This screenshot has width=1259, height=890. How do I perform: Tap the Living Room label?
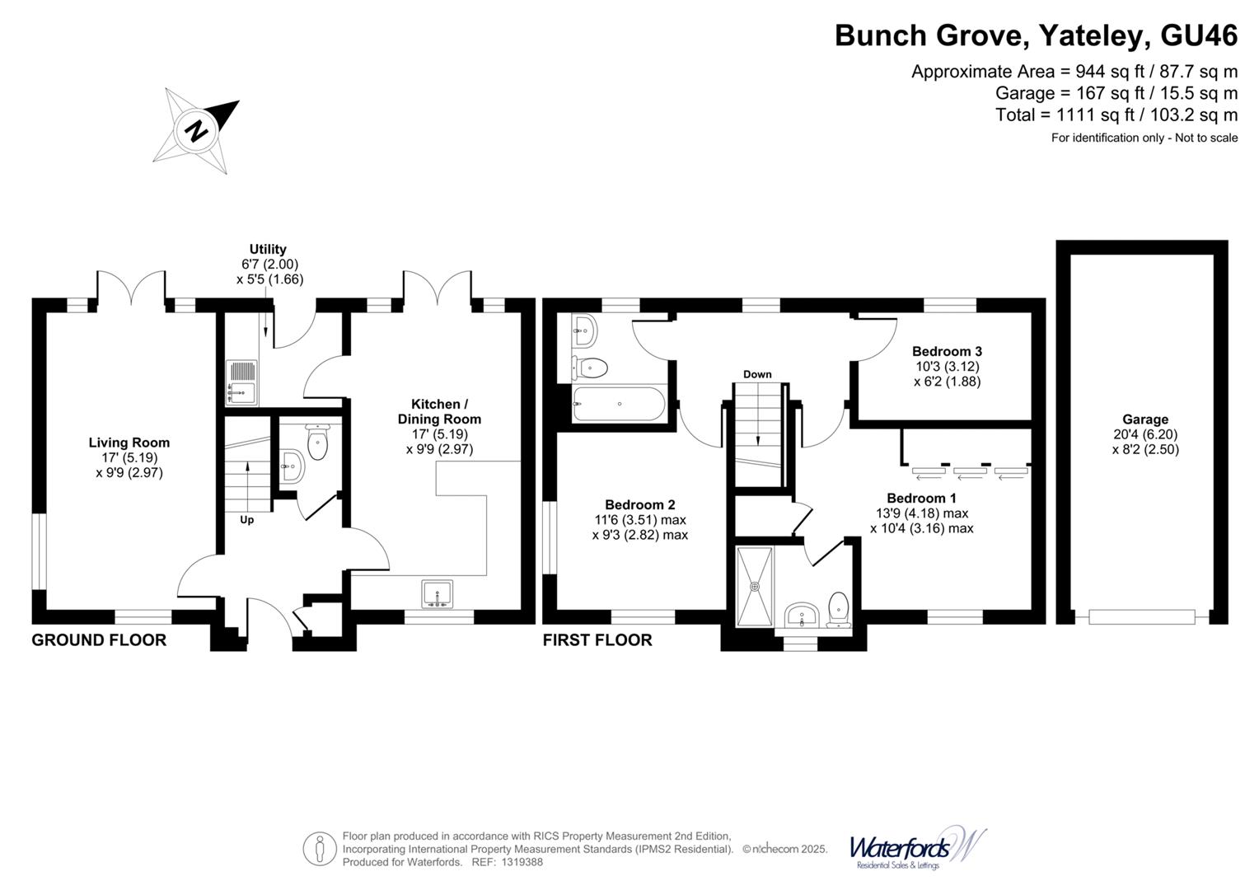click(x=129, y=443)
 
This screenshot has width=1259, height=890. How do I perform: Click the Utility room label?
click(x=268, y=249)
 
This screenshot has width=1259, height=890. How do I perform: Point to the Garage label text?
click(x=1144, y=419)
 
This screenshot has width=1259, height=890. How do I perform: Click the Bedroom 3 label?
click(x=947, y=351)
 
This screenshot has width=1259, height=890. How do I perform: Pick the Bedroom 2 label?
click(x=639, y=504)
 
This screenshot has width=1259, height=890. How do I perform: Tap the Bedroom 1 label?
click(x=921, y=498)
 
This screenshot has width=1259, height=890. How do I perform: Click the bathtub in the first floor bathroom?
click(x=618, y=404)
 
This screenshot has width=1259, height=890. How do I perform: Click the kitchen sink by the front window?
click(x=437, y=594)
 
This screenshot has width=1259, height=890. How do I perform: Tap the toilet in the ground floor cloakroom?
click(x=317, y=443)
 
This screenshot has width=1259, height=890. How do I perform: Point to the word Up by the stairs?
click(x=246, y=520)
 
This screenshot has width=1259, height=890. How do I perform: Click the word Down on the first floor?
click(x=757, y=374)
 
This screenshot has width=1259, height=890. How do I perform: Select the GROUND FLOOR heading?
click(x=99, y=640)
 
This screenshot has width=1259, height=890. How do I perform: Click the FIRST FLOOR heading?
click(x=597, y=640)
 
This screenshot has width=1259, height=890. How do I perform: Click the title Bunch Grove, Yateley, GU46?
click(x=1036, y=36)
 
